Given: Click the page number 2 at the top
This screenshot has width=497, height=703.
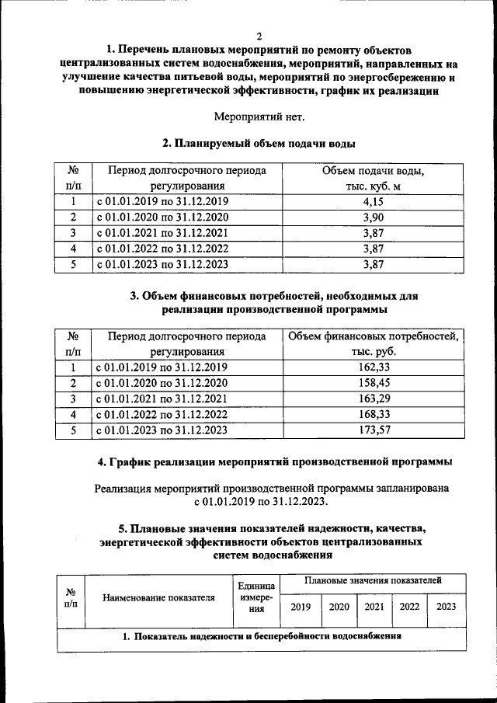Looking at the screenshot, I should (x=259, y=37).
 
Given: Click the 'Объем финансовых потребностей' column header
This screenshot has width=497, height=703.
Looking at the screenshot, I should (x=374, y=344).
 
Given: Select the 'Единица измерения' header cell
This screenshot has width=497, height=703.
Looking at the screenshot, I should (x=256, y=597).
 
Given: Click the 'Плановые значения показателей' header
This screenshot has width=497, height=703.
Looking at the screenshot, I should (x=373, y=580).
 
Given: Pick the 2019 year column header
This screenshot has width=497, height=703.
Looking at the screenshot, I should (x=300, y=607).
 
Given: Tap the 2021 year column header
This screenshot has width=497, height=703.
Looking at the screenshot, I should (x=374, y=607).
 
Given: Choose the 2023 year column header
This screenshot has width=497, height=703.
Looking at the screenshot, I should (x=446, y=607).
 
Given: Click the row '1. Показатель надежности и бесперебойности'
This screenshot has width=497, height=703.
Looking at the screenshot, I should (x=262, y=637).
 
